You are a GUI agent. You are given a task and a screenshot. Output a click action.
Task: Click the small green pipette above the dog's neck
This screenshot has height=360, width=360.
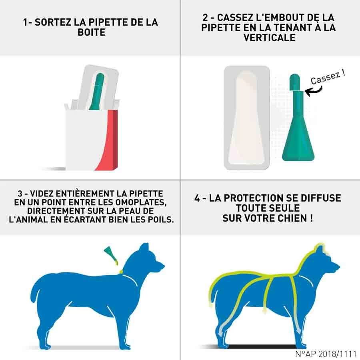point(111,253)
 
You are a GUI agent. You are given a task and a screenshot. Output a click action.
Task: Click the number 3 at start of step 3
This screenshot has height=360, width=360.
point(16,192)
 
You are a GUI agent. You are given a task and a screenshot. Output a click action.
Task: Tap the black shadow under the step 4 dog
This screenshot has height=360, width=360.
point(260,346)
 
